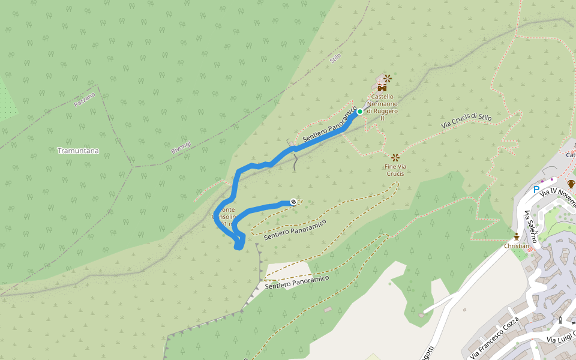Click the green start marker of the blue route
click(x=360, y=112)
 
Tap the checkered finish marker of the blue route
click(x=293, y=202)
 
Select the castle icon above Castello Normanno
click(x=382, y=88)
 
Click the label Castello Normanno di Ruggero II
click(x=382, y=107)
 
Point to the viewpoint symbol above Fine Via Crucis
click(x=395, y=158)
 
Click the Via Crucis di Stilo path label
click(x=466, y=121)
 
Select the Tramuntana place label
click(x=78, y=151)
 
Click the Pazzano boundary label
click(x=85, y=100)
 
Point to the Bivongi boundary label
click(x=181, y=146)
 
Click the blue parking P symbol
click(x=536, y=190)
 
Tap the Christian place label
click(x=517, y=245)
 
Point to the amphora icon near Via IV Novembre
click(x=571, y=184)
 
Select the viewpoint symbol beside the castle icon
click(x=388, y=78)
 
